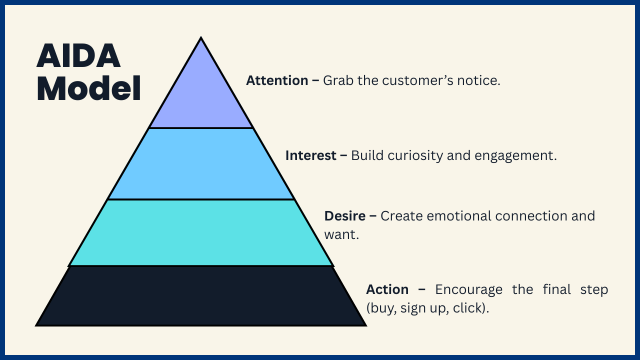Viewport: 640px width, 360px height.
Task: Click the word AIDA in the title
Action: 78,56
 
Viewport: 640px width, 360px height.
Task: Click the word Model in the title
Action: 88,89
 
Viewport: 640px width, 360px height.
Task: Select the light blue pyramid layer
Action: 201,163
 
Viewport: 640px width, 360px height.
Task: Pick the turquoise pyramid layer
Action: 201,232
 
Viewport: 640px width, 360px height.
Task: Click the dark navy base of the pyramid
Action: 201,296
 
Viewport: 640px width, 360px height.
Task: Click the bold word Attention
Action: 277,80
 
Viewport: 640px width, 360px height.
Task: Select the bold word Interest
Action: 310,155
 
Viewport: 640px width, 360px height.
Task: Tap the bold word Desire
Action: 345,216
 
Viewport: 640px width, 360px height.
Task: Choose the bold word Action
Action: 387,289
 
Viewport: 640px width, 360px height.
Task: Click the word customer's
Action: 420,80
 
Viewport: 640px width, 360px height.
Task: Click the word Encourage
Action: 468,289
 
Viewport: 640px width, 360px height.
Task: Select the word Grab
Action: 338,80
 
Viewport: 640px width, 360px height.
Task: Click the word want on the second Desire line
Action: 340,234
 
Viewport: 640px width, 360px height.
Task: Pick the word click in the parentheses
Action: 469,308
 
